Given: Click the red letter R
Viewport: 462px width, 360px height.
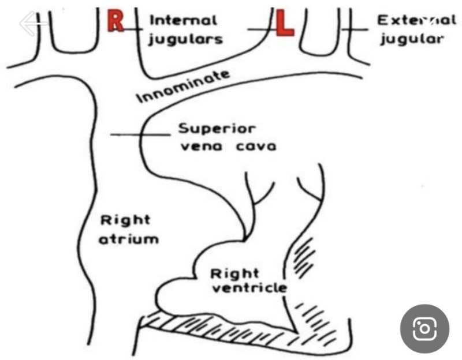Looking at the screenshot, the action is (115, 20).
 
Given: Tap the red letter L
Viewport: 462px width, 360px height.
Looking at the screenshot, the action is (284, 22).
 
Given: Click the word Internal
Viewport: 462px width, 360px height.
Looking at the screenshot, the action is (184, 20).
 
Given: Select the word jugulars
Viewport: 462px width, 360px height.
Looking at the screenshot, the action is (185, 39).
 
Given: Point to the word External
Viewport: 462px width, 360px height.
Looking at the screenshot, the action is (416, 20).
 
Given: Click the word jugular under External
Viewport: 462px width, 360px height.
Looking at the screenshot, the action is (412, 39).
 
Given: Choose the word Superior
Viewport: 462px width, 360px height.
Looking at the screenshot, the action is (217, 129).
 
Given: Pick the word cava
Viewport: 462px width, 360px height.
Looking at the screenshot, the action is (256, 147).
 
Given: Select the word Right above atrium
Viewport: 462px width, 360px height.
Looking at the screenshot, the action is (125, 221).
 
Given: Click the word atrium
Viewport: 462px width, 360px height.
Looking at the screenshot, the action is (128, 239).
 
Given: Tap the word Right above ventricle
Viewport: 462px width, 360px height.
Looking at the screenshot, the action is (234, 274).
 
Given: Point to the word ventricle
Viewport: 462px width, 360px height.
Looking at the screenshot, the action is (249, 287).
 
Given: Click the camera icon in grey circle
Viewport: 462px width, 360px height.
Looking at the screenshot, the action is (424, 328).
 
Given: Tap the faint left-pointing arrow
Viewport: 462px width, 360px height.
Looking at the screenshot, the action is (33, 23).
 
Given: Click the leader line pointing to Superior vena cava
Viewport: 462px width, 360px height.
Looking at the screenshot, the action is (140, 135).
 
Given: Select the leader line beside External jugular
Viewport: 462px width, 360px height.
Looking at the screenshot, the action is (355, 29).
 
